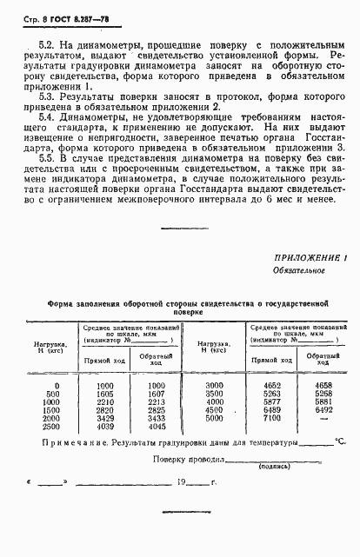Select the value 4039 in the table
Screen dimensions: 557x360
105,427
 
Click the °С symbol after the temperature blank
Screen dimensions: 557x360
340,442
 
